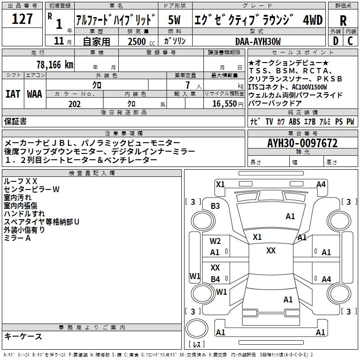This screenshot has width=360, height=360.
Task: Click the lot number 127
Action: point(22,20)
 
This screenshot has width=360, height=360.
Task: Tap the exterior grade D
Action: point(335,41)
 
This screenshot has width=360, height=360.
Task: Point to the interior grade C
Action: point(351,41)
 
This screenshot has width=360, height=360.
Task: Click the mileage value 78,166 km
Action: point(54,64)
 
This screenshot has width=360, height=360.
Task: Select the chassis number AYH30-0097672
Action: point(302,144)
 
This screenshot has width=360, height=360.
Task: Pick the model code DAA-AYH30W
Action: point(258,41)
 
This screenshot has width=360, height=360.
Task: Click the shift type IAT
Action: point(13,94)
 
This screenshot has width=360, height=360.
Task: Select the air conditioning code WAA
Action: point(34,94)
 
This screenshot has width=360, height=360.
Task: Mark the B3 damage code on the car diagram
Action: point(216,206)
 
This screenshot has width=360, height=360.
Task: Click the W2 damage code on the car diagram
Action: point(216,241)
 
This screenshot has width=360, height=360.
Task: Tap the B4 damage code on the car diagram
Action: point(216,279)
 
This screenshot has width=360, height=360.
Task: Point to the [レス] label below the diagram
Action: point(197,345)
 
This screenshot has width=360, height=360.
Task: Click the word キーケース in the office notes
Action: point(23,336)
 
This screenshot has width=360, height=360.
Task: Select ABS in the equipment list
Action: point(294,121)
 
